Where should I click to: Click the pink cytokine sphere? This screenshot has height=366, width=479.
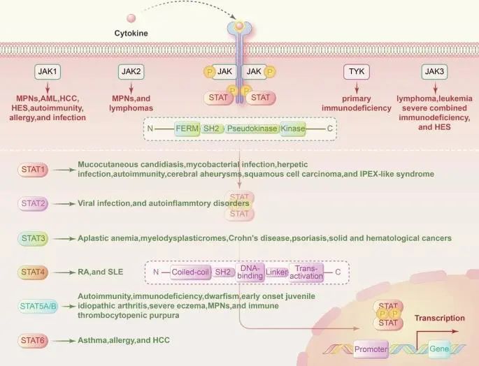(x=130, y=17)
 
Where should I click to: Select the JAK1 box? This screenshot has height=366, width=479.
(x=48, y=71)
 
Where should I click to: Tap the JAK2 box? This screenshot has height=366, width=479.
(x=132, y=71)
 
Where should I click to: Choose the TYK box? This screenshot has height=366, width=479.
(x=356, y=71)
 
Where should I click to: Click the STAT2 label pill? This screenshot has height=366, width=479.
(x=33, y=203)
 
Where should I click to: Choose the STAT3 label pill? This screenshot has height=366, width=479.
(x=33, y=238)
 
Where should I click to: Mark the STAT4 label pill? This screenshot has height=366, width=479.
(x=33, y=272)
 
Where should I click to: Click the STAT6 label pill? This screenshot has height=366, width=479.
(x=33, y=340)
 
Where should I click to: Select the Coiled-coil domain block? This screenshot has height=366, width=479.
(x=191, y=272)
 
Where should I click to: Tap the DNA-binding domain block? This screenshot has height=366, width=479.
(x=250, y=272)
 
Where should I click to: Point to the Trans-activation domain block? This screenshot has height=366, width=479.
(x=307, y=272)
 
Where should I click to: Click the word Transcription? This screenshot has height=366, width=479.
(x=439, y=318)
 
